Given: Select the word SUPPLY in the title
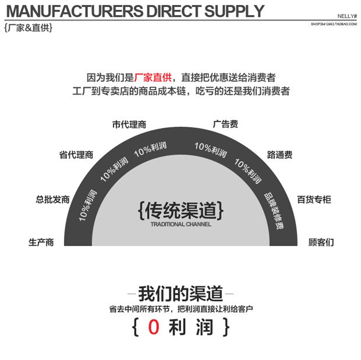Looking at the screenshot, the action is (x=232, y=12).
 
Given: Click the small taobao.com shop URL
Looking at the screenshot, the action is (x=334, y=24).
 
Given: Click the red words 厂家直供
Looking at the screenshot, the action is (x=153, y=78).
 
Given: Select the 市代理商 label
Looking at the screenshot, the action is (x=129, y=124).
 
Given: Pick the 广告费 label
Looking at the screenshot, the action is (x=225, y=124).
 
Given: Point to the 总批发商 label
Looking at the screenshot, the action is (x=52, y=199).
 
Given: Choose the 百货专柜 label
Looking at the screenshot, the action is (x=314, y=199).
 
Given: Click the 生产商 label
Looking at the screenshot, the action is (x=41, y=242).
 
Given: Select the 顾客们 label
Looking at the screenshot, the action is (x=321, y=242).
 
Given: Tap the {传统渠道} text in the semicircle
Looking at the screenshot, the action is (x=181, y=209).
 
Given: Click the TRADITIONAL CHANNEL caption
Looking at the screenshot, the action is (x=180, y=224).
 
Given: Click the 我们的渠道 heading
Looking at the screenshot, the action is (x=180, y=293).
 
